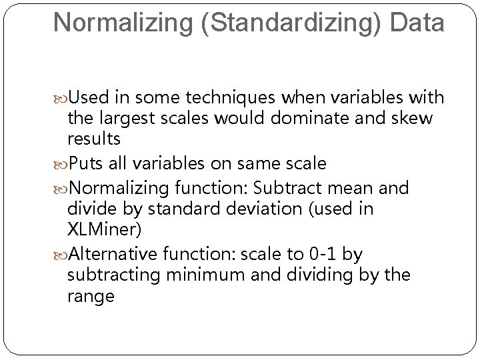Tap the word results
(x=93, y=140)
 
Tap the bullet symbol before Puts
(x=61, y=163)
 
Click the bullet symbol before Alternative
(x=61, y=255)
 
